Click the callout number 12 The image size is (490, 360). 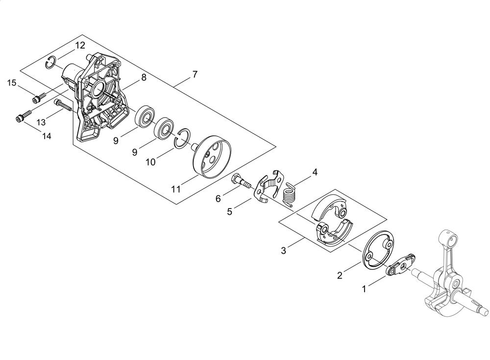pos(80,45)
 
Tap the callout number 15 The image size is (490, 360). pos(12,83)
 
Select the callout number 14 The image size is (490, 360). pos(47,136)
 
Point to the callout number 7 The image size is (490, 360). pos(195,75)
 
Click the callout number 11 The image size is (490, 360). pos(176,189)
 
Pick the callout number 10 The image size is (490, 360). pos(150,162)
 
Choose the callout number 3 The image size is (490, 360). pos(283,251)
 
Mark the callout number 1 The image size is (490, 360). pos(364,289)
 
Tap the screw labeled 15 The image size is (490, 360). pos(39,97)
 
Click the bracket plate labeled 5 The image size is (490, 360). pos(268,187)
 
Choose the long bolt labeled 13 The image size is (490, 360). pos(64,104)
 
